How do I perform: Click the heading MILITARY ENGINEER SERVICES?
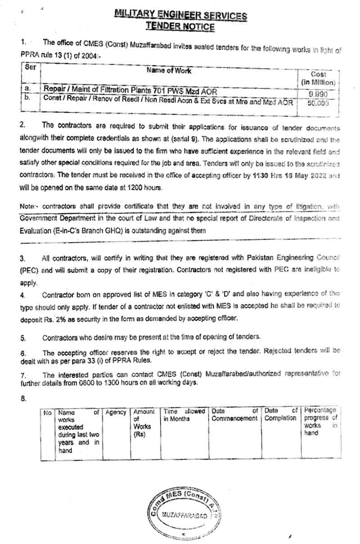(180, 15)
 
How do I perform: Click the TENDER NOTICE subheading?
(180, 27)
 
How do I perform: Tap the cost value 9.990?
(318, 94)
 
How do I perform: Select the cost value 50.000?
(318, 103)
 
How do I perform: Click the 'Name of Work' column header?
(169, 71)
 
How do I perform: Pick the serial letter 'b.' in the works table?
(27, 97)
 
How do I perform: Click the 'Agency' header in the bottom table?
(115, 412)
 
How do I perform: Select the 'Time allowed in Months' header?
(184, 415)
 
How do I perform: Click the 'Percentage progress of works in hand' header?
(320, 422)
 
